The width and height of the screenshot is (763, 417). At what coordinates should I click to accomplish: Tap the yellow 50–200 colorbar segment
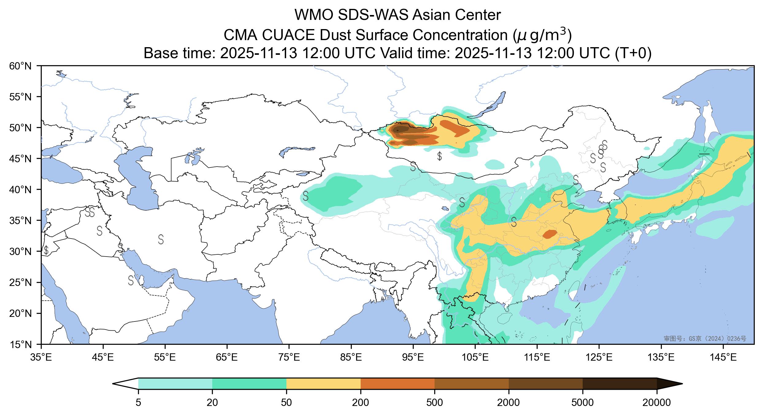323,383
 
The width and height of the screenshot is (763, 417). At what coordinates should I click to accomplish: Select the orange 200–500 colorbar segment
397,383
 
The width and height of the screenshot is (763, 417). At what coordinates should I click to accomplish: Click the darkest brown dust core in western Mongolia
401,129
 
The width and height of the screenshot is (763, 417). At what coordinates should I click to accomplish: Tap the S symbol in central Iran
161,239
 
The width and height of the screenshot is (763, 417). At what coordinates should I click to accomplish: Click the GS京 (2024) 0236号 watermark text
705,339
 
